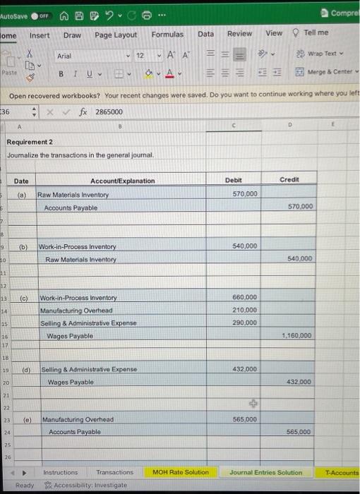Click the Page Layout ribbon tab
coord(116,35)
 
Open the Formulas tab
coord(167,34)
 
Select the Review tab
coord(239,33)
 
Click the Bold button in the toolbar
coord(61,73)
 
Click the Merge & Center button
coord(328,72)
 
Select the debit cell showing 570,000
coord(244,193)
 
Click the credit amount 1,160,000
coord(297,336)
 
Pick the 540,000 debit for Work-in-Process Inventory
coord(244,246)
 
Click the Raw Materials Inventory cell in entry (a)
coord(73,194)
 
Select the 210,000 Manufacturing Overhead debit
coord(244,310)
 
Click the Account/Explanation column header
coord(122,181)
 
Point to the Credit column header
coord(289,180)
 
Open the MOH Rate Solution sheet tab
coord(181,471)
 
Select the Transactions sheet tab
coord(114,471)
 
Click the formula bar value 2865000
coord(109,112)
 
